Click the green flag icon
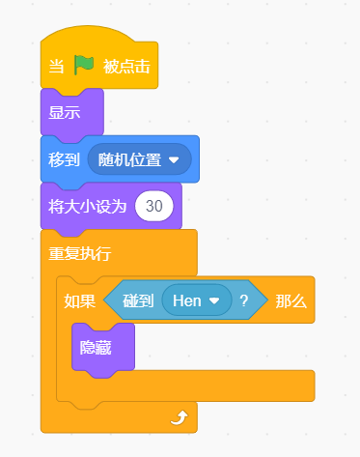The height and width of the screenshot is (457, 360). (x=84, y=65)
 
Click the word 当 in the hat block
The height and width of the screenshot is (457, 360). (x=56, y=67)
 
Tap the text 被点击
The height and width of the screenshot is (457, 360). (x=126, y=67)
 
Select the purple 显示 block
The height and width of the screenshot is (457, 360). (x=72, y=113)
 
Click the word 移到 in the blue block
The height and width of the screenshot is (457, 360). (x=64, y=159)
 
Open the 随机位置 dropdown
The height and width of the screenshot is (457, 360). (x=140, y=159)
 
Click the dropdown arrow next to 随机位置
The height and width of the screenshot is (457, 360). (x=174, y=159)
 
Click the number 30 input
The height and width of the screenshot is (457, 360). (x=154, y=206)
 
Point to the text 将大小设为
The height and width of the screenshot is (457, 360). (x=87, y=207)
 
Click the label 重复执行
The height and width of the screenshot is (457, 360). (x=80, y=253)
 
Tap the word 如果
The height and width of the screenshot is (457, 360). (x=80, y=301)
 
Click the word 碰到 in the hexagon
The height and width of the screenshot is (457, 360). (x=138, y=300)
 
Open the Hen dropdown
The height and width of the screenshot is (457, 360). (x=197, y=300)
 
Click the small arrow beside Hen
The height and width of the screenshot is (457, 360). (x=214, y=300)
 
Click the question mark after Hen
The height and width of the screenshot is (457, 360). (x=244, y=300)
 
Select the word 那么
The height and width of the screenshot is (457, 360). (x=291, y=301)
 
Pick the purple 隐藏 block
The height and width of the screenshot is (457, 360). (x=103, y=348)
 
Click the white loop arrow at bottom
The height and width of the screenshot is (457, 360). (x=180, y=417)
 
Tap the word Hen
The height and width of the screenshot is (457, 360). (x=187, y=300)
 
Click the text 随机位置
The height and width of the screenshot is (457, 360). (x=129, y=159)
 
